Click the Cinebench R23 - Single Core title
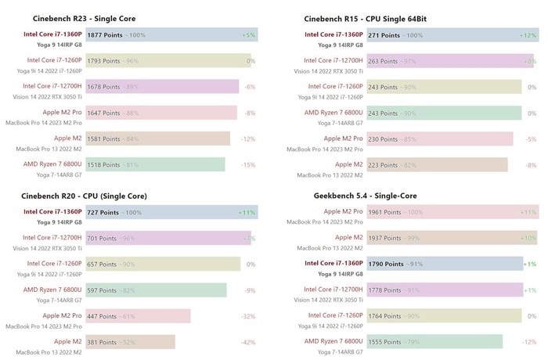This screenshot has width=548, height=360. point(81,18)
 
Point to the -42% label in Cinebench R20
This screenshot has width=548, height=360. point(248,342)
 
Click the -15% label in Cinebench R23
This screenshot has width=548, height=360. point(248,164)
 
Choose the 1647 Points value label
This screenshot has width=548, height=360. point(103,113)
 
